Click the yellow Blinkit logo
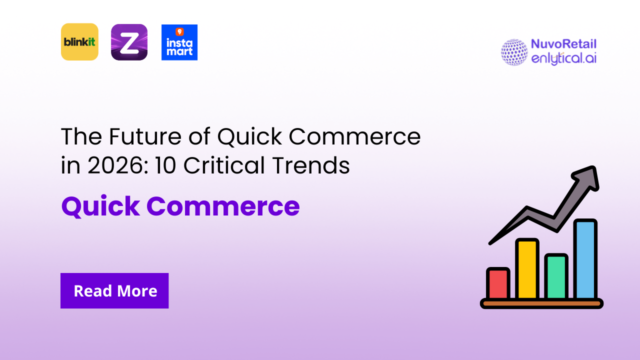click(x=79, y=42)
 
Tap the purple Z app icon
click(x=129, y=42)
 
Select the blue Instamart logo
click(x=179, y=42)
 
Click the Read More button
click(x=114, y=290)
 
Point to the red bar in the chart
click(x=498, y=283)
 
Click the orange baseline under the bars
click(x=541, y=303)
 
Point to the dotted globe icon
click(x=514, y=52)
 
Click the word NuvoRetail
click(x=563, y=44)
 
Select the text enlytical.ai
click(x=563, y=58)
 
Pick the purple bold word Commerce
click(x=223, y=206)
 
